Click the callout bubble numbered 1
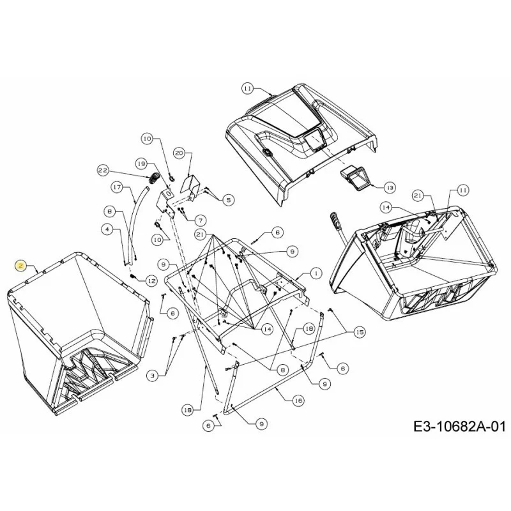tap(316, 273)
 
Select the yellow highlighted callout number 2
tap(21, 266)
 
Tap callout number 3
tap(152, 376)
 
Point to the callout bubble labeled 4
tap(107, 229)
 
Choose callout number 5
tap(228, 199)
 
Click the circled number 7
tap(201, 220)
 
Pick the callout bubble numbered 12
tap(151, 280)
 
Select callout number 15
tap(360, 332)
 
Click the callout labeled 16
tap(298, 400)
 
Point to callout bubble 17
tap(118, 187)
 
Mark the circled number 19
tap(142, 164)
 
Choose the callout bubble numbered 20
tap(179, 153)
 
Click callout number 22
tap(103, 170)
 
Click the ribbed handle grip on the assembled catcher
tap(335, 220)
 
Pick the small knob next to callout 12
tap(133, 277)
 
